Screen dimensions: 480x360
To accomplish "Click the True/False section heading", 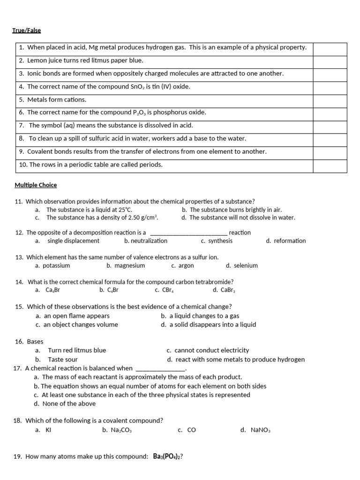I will pos(27,30).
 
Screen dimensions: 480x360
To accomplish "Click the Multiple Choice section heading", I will pos(36,185).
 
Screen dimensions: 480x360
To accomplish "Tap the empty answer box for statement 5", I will pos(330,100).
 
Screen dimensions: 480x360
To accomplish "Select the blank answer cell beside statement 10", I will pos(330,165).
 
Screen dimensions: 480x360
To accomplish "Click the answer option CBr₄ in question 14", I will pos(167,290).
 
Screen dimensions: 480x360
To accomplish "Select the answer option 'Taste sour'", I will pos(63,360).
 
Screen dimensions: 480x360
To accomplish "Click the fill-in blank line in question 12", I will pos(188,233).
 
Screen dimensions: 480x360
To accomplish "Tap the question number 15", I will pos(19,307).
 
